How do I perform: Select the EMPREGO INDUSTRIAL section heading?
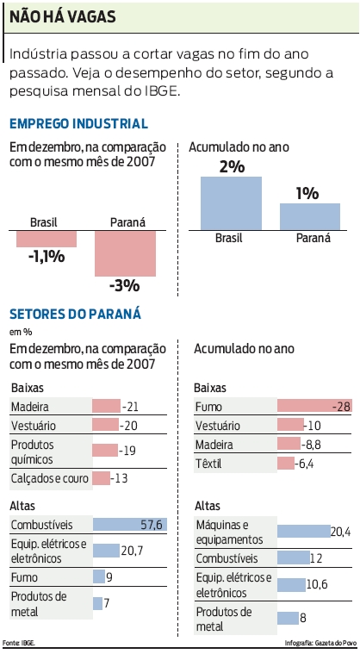78,124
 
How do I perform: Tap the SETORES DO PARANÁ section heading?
75,315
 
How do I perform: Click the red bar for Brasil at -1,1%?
46,239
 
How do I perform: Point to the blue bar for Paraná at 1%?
309,216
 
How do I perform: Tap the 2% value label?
231,166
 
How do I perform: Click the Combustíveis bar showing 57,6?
129,525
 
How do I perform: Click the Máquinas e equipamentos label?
223,532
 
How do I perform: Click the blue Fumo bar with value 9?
98,577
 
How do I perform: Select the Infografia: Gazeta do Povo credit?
320,643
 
